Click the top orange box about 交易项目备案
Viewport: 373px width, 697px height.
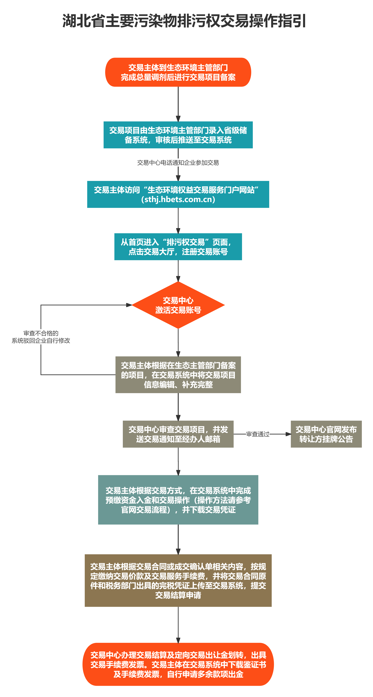178,72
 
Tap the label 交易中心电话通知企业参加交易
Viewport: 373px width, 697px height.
178,163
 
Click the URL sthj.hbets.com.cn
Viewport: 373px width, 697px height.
178,199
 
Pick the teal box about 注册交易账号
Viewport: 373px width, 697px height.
178,247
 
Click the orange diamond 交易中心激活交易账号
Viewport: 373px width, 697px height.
178,305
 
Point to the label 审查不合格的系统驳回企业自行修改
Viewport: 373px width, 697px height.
41,337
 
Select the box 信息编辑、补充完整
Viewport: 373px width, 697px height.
178,375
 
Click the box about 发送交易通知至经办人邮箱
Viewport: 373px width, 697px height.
178,434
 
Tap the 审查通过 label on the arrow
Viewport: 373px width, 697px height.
258,434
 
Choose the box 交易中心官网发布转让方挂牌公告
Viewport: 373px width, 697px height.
326,434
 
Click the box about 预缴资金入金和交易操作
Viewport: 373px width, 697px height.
178,500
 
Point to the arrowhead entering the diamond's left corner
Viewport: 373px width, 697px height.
129,305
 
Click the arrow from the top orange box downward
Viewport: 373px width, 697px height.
178,104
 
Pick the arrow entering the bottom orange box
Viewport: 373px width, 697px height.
178,625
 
